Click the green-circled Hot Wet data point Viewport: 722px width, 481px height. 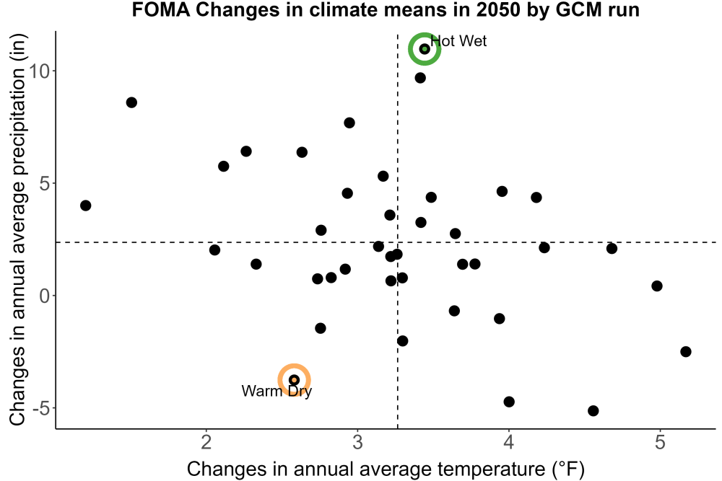pos(425,49)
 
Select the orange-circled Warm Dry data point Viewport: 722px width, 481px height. pos(295,380)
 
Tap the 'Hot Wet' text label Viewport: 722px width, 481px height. pos(458,41)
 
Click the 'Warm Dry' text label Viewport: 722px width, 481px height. pos(277,391)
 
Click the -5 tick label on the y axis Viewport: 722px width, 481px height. pos(41,408)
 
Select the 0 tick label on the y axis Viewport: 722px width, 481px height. pos(45,296)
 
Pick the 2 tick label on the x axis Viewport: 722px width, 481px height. pos(206,442)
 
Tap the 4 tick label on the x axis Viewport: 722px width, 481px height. pos(508,442)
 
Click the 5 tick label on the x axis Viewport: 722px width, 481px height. pos(660,442)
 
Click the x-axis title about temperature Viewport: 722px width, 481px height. pos(386,469)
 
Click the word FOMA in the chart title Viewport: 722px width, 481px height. pos(161,9)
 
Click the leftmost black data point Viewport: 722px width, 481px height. pos(85,206)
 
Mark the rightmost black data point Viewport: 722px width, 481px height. pos(686,352)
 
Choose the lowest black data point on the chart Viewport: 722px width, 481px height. pos(593,410)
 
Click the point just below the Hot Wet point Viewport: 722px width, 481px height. pos(420,78)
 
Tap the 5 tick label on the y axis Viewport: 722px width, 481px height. pos(45,183)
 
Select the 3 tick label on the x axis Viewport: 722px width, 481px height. pos(357,442)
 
